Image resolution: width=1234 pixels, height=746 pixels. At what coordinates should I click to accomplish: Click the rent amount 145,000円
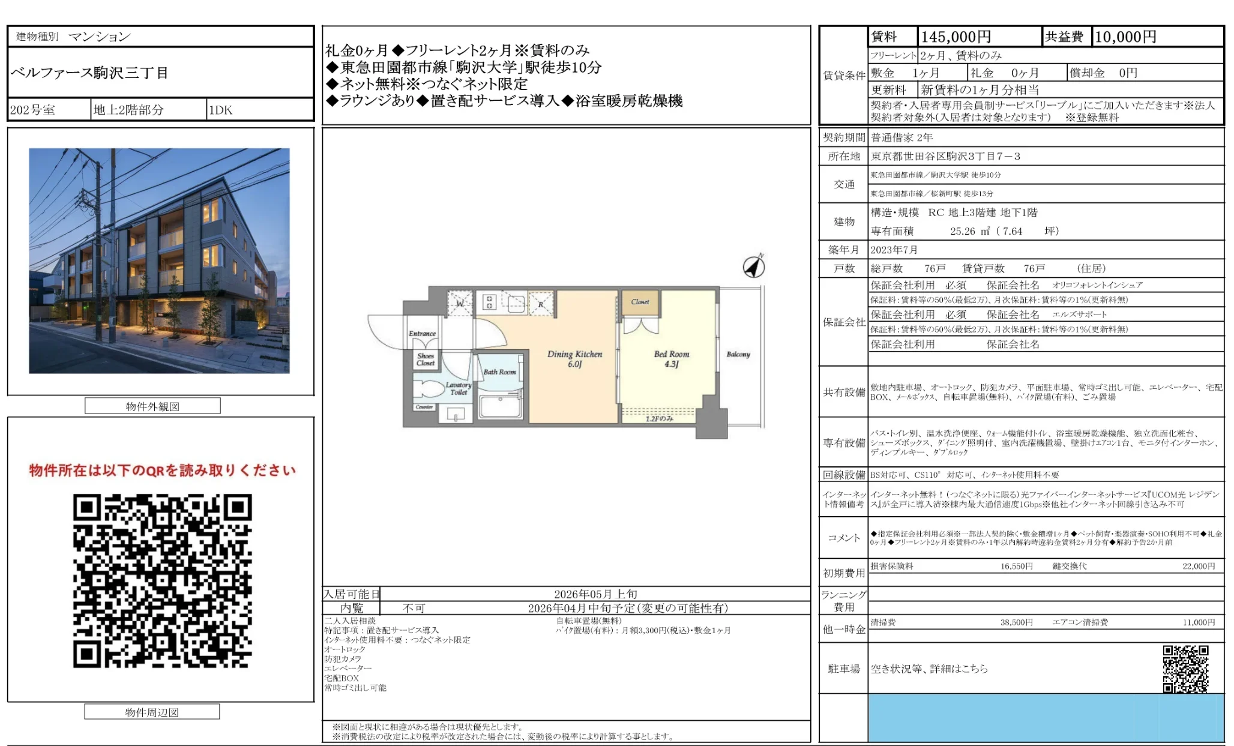tap(956, 37)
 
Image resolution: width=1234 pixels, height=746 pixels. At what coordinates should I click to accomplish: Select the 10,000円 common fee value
tap(1125, 37)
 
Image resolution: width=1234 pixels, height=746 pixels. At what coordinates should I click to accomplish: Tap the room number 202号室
tap(33, 110)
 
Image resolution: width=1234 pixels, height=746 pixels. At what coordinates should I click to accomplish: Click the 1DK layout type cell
tap(220, 110)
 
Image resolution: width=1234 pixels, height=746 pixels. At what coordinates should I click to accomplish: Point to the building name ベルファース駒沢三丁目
tap(89, 73)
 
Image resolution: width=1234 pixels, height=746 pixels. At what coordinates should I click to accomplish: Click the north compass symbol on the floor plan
tap(754, 266)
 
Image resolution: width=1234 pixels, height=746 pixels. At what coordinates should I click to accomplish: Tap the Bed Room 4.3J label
tap(672, 359)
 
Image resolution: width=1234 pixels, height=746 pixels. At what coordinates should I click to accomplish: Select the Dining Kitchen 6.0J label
tap(574, 359)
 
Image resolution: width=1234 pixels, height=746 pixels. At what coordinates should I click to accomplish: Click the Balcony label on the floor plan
tap(738, 354)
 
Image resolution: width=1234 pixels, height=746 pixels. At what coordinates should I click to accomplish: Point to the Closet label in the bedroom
tap(640, 302)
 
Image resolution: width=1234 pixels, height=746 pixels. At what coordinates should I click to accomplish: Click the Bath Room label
tap(499, 372)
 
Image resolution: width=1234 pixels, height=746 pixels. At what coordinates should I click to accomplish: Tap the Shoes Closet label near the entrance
tap(426, 359)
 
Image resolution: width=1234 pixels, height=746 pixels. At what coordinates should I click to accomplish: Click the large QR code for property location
tap(162, 580)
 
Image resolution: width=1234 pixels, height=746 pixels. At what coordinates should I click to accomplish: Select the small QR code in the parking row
tap(1185, 669)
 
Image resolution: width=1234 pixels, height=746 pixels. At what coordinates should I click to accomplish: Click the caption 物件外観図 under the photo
tap(152, 406)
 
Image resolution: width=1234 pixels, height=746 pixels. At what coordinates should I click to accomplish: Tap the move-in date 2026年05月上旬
tap(595, 594)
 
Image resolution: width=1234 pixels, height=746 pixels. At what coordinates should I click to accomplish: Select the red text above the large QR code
tap(162, 471)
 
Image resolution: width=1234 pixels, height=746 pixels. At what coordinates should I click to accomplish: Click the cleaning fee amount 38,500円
tap(1016, 622)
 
